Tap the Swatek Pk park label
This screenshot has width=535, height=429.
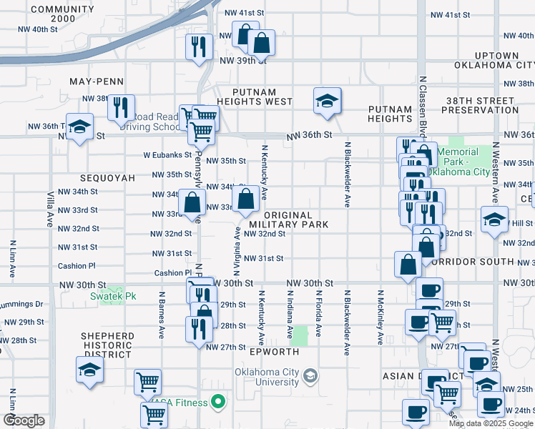(112, 296)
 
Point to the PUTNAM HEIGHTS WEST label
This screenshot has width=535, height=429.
(265, 97)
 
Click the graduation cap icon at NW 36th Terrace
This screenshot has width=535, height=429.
(80, 127)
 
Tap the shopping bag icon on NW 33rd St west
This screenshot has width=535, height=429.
(192, 202)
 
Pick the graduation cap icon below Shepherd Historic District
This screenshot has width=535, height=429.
(90, 370)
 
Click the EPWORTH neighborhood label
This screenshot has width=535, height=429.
(273, 352)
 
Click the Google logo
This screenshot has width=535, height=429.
(24, 420)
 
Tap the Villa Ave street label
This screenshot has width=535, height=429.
(50, 205)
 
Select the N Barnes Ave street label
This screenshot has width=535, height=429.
(162, 314)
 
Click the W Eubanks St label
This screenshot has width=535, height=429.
(167, 154)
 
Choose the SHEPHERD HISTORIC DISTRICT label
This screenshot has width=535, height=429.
(107, 345)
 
